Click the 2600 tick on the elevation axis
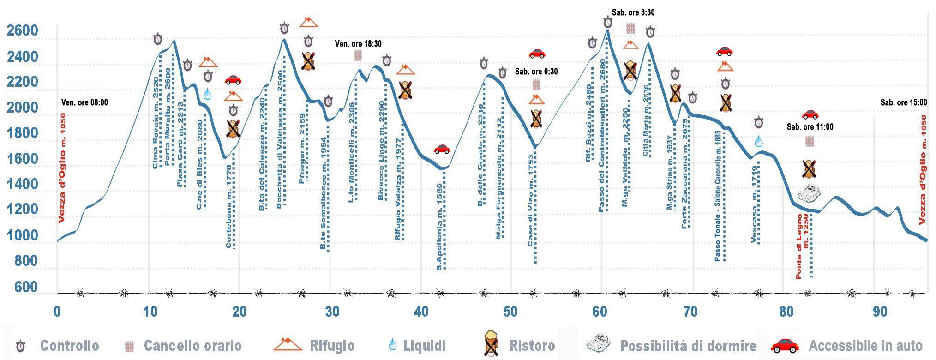(22, 31)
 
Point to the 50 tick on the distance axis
(510, 312)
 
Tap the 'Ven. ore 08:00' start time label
(84, 102)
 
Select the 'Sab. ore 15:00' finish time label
(903, 102)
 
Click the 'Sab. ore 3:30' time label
(633, 12)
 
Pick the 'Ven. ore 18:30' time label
(358, 44)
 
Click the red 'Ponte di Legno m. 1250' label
(802, 246)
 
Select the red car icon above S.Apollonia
(442, 149)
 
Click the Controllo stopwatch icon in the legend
(20, 346)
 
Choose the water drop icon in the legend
(392, 344)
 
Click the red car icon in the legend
(785, 345)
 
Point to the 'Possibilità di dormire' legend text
(688, 346)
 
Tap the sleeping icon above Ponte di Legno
(809, 193)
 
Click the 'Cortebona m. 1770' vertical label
(229, 213)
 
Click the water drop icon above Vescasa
(758, 141)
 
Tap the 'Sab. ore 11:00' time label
(810, 127)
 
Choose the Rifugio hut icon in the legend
(288, 344)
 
